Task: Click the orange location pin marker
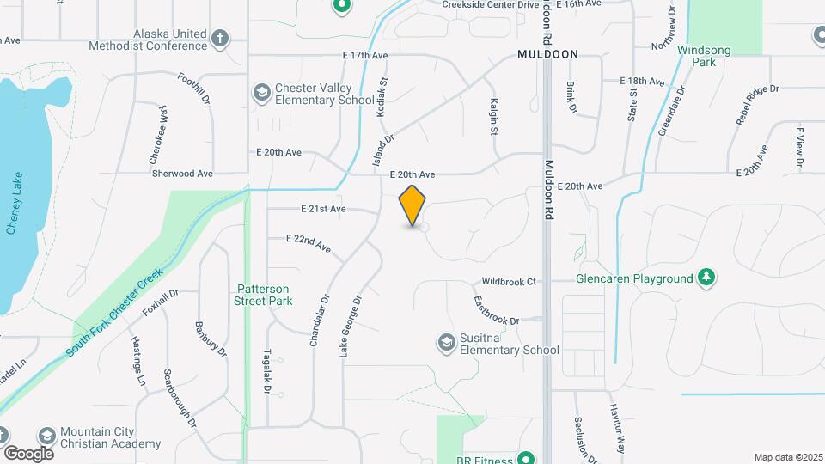[412, 205]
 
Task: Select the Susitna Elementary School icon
[446, 343]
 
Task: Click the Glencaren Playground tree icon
[706, 278]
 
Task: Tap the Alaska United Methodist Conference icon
[220, 39]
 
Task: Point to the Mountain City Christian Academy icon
[46, 436]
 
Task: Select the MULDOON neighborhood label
[547, 54]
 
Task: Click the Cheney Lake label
[13, 205]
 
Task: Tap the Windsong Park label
[703, 56]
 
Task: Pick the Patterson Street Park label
[263, 295]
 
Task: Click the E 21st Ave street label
[323, 209]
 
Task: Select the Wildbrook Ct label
[509, 281]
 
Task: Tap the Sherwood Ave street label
[181, 173]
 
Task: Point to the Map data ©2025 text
[787, 457]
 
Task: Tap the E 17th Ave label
[365, 55]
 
